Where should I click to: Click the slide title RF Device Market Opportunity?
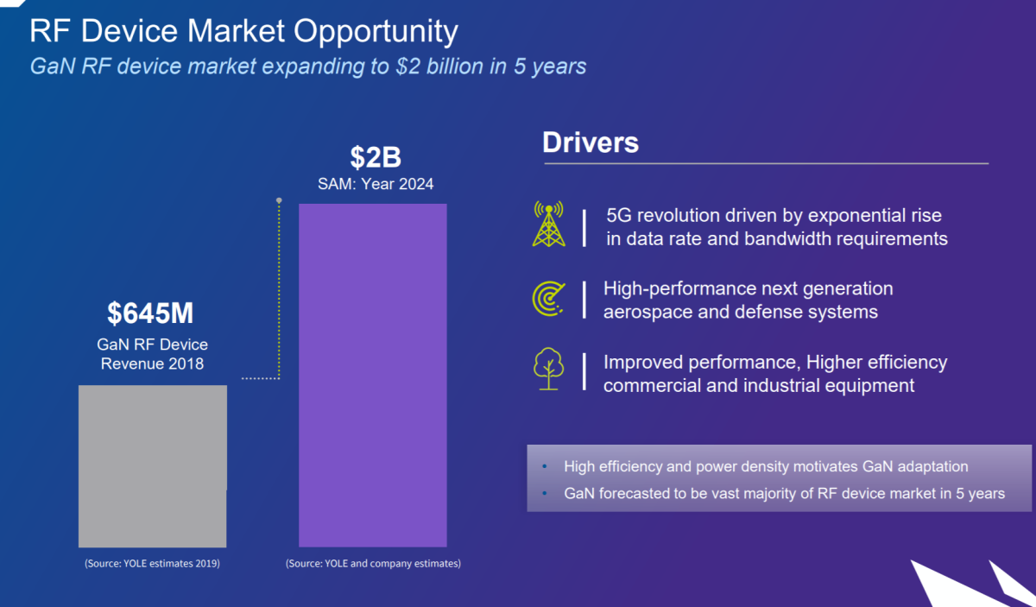pyautogui.click(x=243, y=32)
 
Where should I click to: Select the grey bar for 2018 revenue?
pyautogui.click(x=153, y=465)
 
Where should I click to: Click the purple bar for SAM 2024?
pyautogui.click(x=373, y=375)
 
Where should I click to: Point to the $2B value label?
pyautogui.click(x=376, y=157)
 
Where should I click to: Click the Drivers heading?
pyautogui.click(x=591, y=142)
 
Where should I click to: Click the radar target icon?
pyautogui.click(x=548, y=298)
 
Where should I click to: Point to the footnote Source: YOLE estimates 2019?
pyautogui.click(x=152, y=564)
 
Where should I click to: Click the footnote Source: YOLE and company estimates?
pyautogui.click(x=373, y=564)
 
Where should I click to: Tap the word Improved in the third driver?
pyautogui.click(x=643, y=362)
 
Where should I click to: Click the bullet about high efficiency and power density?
pyautogui.click(x=766, y=466)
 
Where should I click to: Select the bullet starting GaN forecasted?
pyautogui.click(x=784, y=493)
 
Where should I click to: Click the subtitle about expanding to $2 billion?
pyautogui.click(x=308, y=66)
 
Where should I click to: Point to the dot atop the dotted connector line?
pyautogui.click(x=279, y=200)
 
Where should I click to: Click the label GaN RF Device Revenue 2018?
pyautogui.click(x=152, y=354)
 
